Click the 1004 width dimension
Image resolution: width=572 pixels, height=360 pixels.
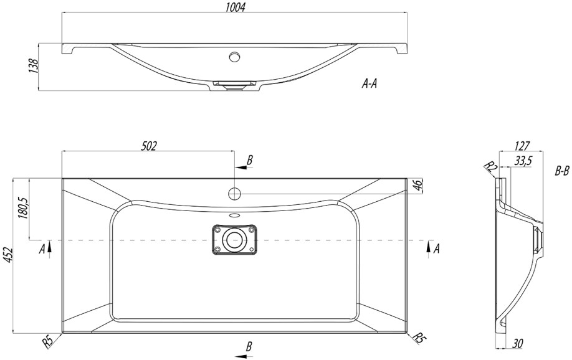[x=234, y=7]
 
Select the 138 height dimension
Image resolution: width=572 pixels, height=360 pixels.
[x=34, y=66]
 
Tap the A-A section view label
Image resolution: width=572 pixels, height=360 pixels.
[x=369, y=84]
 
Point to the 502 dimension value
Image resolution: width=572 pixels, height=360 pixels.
[x=148, y=146]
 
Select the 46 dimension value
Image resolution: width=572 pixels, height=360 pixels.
[x=419, y=186]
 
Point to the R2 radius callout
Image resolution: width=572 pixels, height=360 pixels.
[x=490, y=166]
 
